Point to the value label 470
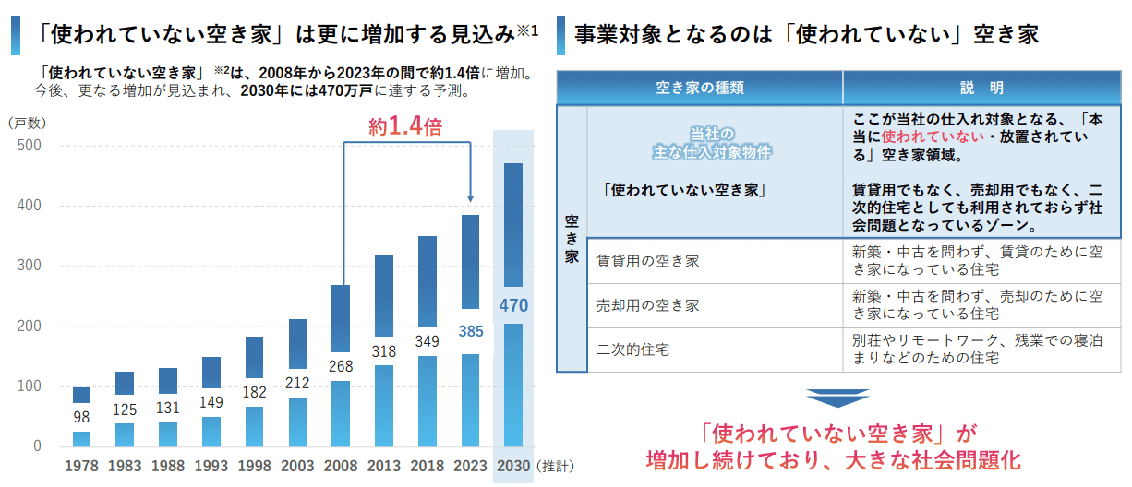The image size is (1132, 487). click(513, 304)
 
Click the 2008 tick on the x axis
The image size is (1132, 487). click(341, 466)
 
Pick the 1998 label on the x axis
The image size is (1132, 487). click(254, 466)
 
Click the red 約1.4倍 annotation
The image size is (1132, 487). click(404, 126)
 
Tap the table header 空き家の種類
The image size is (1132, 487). click(700, 89)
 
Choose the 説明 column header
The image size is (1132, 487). click(981, 89)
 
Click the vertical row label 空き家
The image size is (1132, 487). click(572, 239)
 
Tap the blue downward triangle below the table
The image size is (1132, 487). click(837, 398)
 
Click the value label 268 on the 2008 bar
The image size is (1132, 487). click(341, 366)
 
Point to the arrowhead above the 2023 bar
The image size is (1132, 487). click(470, 197)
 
